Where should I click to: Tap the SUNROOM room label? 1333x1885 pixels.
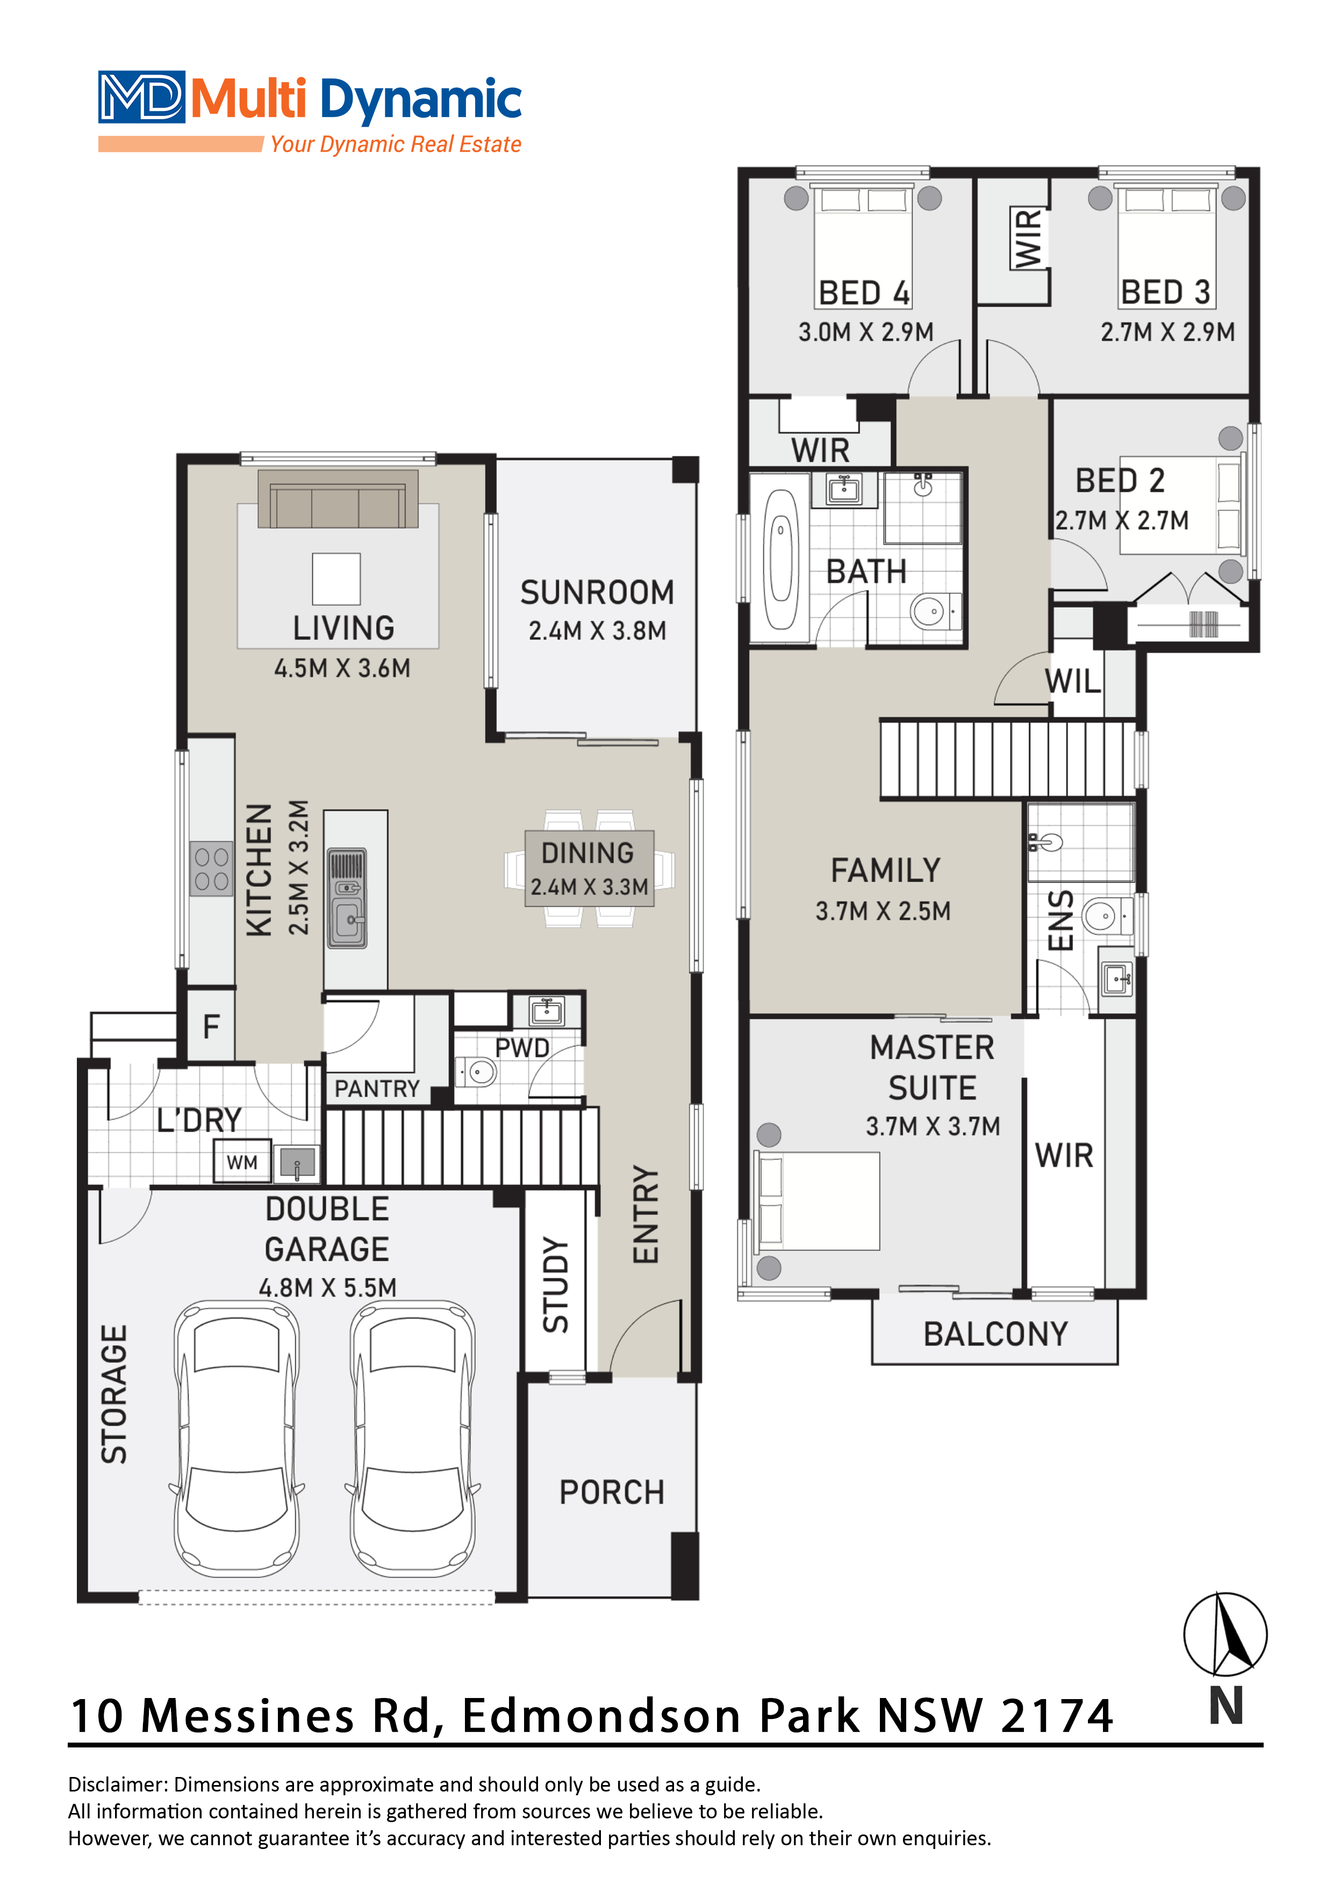pyautogui.click(x=597, y=593)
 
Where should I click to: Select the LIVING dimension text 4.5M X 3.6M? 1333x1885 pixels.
pyautogui.click(x=342, y=668)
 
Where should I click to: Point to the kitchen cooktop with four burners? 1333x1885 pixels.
pyautogui.click(x=212, y=868)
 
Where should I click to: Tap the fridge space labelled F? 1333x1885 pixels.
pyautogui.click(x=211, y=1026)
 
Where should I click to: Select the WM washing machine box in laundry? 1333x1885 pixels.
pyautogui.click(x=242, y=1162)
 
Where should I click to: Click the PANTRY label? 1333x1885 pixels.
pyautogui.click(x=377, y=1089)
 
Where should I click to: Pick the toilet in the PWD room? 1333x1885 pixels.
pyautogui.click(x=479, y=1072)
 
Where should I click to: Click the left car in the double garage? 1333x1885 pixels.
pyautogui.click(x=236, y=1438)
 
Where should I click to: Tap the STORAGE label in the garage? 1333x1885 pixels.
pyautogui.click(x=114, y=1394)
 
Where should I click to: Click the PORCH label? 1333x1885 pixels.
pyautogui.click(x=612, y=1493)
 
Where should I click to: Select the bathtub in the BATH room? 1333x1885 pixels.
pyautogui.click(x=781, y=558)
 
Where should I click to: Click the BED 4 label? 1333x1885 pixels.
pyautogui.click(x=864, y=293)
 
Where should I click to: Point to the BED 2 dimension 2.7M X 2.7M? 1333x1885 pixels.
pyautogui.click(x=1122, y=521)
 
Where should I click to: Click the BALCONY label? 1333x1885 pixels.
pyautogui.click(x=995, y=1334)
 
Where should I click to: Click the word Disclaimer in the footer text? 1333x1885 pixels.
pyautogui.click(x=118, y=1784)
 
